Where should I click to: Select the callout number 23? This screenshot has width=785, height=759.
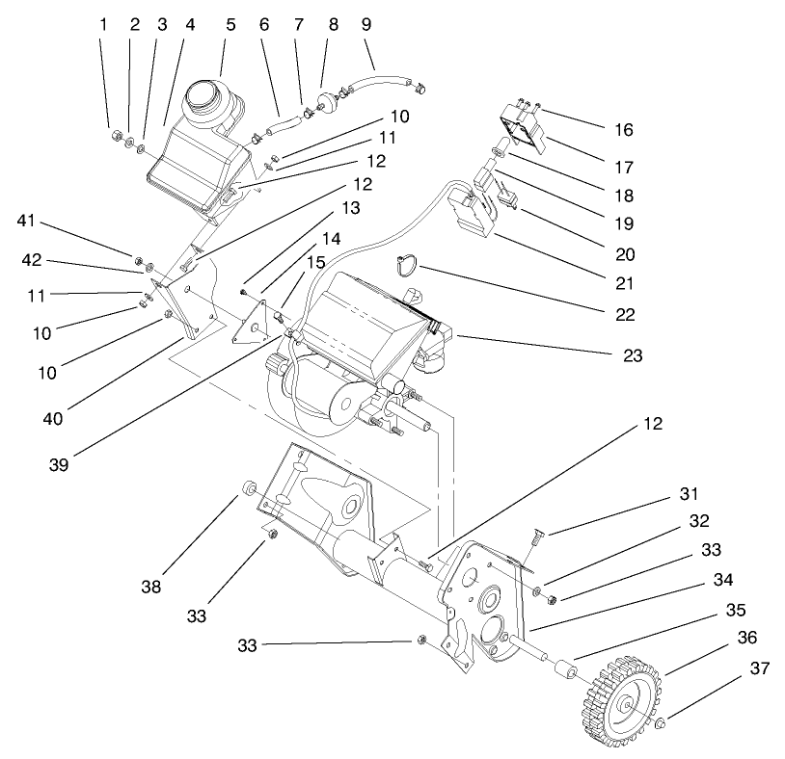(632, 355)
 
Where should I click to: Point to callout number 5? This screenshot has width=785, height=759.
(230, 24)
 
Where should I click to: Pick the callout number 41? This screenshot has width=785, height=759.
(27, 222)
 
